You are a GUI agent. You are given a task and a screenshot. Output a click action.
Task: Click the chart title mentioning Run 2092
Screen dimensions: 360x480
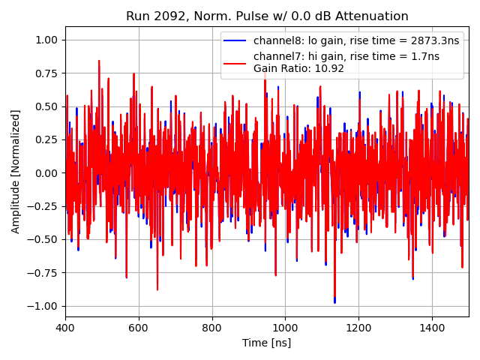click(267, 16)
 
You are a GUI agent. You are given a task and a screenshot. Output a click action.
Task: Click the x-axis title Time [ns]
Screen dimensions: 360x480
click(266, 343)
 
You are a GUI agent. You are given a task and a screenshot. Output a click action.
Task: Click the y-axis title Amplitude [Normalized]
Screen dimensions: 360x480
click(16, 172)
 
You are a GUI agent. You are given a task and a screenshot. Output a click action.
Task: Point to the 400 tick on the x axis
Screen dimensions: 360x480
click(65, 328)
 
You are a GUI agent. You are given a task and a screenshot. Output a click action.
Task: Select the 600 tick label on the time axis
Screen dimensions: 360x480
click(139, 328)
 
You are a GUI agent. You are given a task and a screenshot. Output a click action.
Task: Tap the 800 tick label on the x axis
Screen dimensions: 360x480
click(212, 328)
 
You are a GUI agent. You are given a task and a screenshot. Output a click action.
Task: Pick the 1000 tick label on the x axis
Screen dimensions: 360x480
click(285, 328)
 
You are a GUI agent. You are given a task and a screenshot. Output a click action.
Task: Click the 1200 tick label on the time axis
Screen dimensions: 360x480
click(358, 328)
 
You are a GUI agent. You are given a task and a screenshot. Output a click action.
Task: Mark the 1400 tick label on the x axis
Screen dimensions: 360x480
click(432, 328)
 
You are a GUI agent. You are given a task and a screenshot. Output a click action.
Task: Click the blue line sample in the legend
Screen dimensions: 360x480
click(236, 40)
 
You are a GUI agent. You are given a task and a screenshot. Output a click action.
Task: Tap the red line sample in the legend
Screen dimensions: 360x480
click(236, 57)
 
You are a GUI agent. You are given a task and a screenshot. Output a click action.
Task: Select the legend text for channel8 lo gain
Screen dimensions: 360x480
click(356, 40)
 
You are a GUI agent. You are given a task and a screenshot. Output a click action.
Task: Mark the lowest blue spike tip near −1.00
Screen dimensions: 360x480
click(334, 303)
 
